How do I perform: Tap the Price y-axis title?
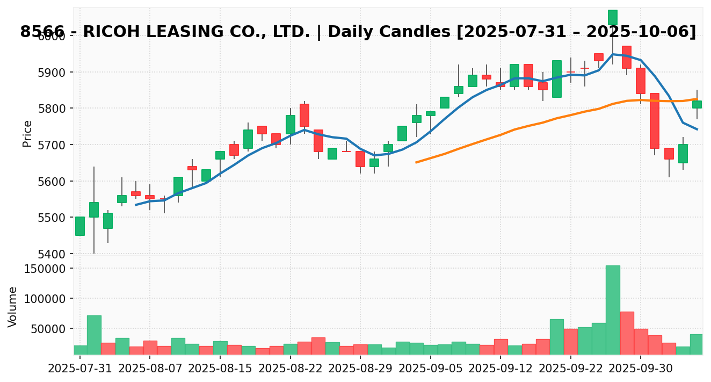[x=27, y=133]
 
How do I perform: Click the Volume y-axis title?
[x=13, y=306]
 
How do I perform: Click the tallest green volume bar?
[x=613, y=309]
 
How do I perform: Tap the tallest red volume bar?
[x=627, y=333]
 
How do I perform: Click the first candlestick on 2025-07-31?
[x=80, y=226]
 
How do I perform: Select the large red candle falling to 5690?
[x=655, y=121]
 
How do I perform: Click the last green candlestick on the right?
[x=697, y=104]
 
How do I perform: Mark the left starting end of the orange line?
[x=416, y=162]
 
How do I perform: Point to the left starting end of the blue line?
[x=136, y=205]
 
